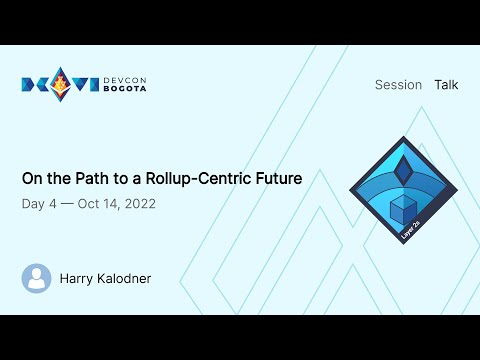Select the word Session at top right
(398, 85)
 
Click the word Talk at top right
(446, 85)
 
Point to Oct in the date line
(89, 204)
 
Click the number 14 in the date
(111, 204)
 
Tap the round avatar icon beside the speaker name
(37, 278)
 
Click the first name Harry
(78, 278)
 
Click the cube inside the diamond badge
(401, 209)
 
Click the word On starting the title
(32, 180)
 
